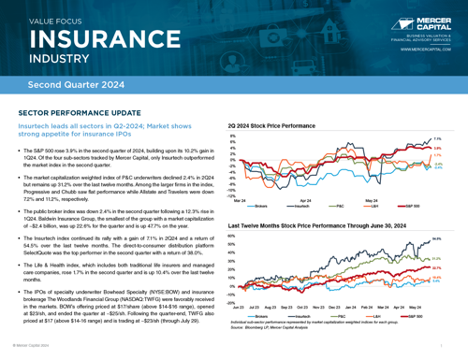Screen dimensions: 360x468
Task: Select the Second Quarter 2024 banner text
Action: pyautogui.click(x=76, y=85)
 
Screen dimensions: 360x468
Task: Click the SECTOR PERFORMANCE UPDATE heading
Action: pyautogui.click(x=74, y=111)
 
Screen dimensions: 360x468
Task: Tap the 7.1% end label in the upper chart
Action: pyautogui.click(x=436, y=138)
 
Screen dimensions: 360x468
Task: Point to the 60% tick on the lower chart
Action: pyautogui.click(x=231, y=236)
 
